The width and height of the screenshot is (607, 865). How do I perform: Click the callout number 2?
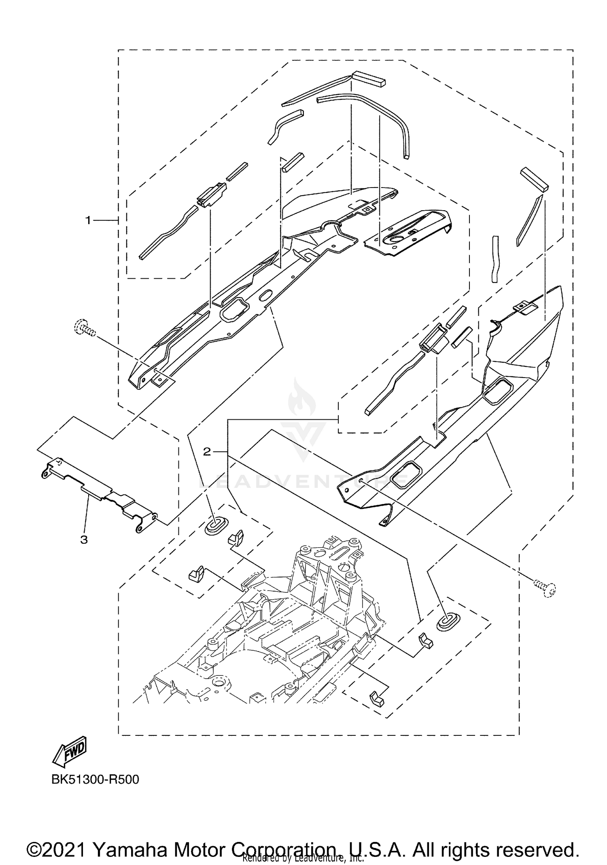[207, 452]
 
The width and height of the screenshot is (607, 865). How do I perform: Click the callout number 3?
[84, 540]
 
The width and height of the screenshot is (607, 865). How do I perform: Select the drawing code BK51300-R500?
[95, 780]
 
